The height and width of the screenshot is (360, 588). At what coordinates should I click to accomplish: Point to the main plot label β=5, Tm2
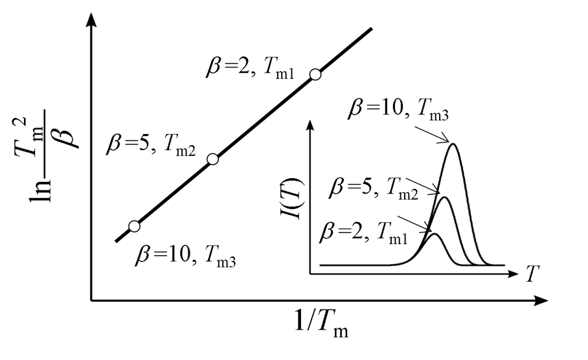point(151,144)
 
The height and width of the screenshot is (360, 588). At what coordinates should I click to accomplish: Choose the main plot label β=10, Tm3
point(185,256)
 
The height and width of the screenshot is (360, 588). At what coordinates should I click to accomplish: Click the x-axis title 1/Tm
point(321,322)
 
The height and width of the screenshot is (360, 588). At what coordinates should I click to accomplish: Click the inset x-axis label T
point(532,273)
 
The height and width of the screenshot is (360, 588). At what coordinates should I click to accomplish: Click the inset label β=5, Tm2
point(373,188)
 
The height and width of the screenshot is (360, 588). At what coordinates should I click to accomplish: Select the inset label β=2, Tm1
point(363,232)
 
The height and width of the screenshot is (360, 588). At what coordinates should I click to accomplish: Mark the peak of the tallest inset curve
point(454,144)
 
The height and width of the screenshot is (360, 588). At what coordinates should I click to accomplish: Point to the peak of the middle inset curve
point(445,197)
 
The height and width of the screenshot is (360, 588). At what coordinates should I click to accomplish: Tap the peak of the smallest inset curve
point(435,234)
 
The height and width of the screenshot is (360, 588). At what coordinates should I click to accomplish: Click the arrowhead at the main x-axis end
point(541,300)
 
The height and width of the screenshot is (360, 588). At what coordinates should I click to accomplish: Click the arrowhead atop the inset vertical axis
point(310,124)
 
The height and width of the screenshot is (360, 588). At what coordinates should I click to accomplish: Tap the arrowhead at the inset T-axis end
point(513,274)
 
